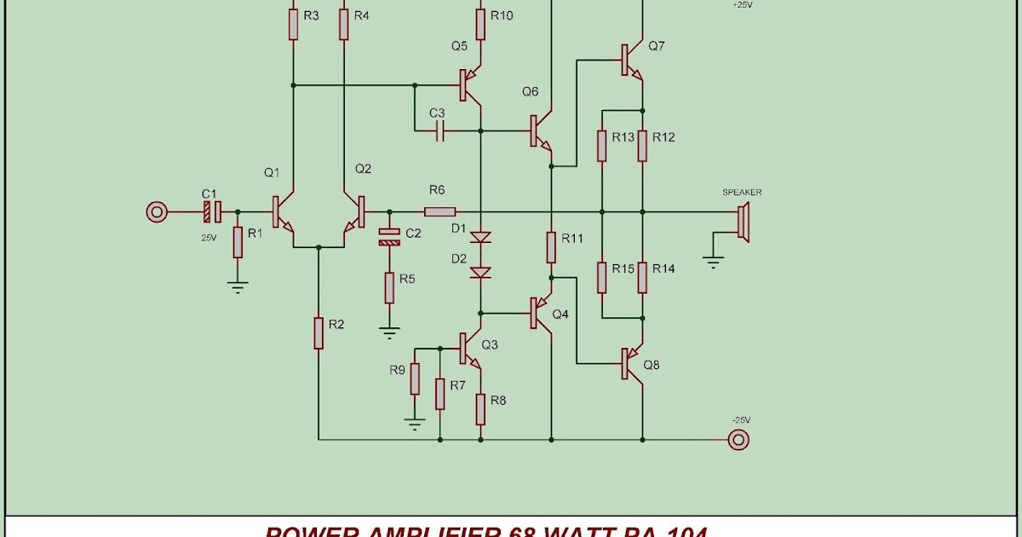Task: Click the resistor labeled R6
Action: pyautogui.click(x=439, y=211)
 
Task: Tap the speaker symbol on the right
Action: pyautogui.click(x=744, y=223)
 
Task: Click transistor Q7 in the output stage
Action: pyautogui.click(x=631, y=61)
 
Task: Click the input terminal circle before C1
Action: pyautogui.click(x=156, y=211)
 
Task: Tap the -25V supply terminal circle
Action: pyautogui.click(x=738, y=440)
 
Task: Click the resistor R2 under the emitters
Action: pyautogui.click(x=319, y=332)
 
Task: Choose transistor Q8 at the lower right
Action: pyautogui.click(x=631, y=365)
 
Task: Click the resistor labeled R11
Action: pyautogui.click(x=552, y=247)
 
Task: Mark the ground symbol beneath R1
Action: pyautogui.click(x=238, y=288)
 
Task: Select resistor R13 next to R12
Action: pyautogui.click(x=602, y=146)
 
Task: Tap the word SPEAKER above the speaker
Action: pyautogui.click(x=742, y=193)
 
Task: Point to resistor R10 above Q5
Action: pyautogui.click(x=480, y=25)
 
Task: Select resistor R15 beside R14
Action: pyautogui.click(x=602, y=277)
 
